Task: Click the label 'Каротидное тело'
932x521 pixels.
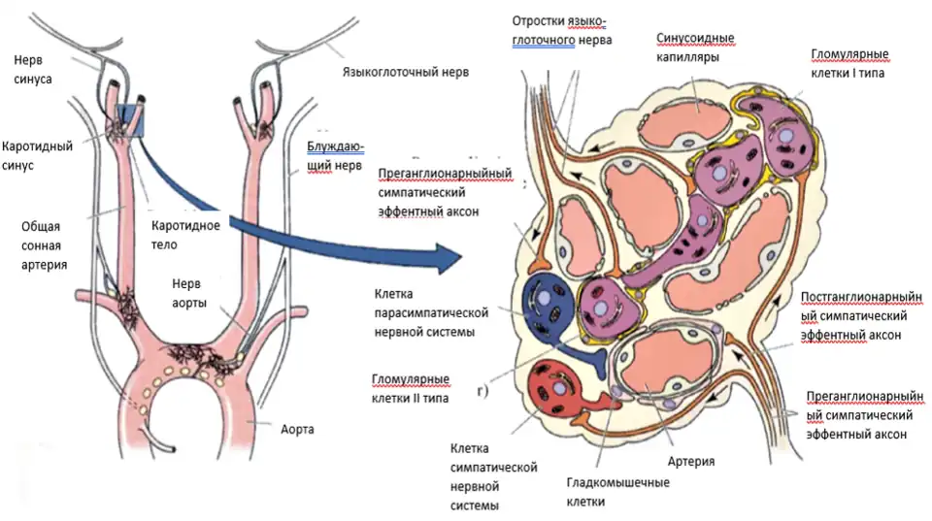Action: (x=185, y=235)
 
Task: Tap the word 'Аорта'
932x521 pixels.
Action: (x=299, y=428)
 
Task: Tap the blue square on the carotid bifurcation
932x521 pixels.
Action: (x=129, y=121)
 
